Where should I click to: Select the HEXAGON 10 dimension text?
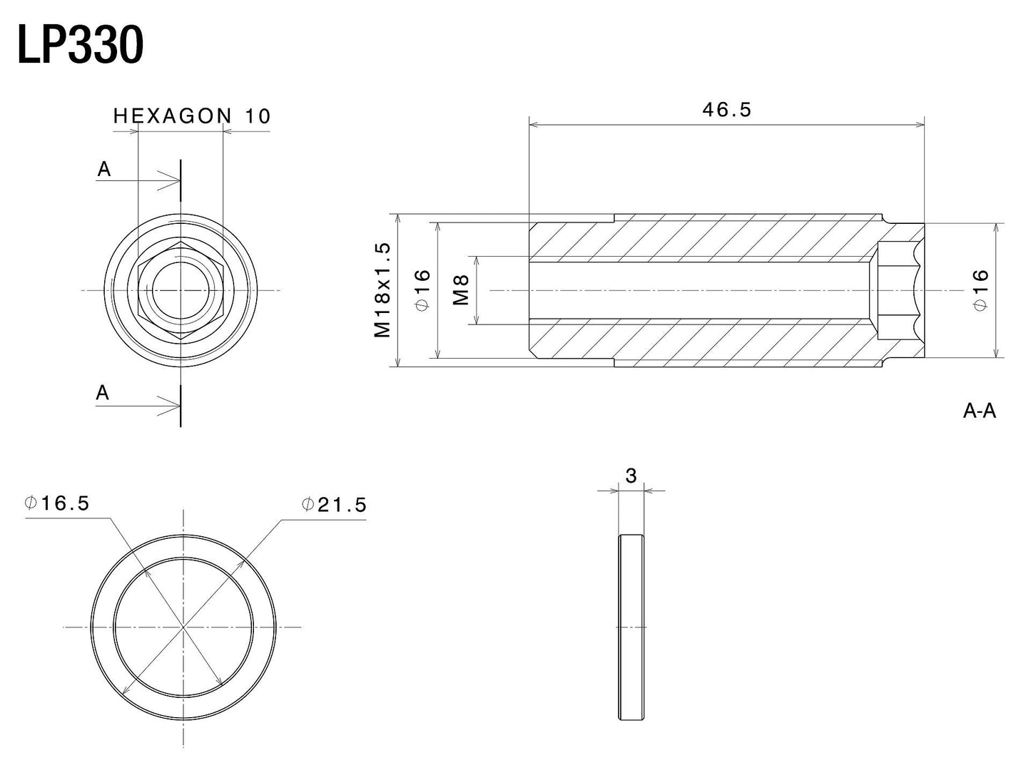click(x=192, y=116)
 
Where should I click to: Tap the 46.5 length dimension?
click(x=726, y=110)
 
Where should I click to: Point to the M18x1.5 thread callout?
click(x=382, y=290)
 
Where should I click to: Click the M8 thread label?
click(x=462, y=290)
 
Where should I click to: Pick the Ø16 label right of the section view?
click(x=980, y=289)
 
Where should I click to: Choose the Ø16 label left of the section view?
click(x=422, y=289)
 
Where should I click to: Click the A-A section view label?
click(x=979, y=411)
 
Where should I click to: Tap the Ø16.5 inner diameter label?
click(x=56, y=503)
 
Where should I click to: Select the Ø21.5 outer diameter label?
click(x=333, y=505)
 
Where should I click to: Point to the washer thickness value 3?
click(x=631, y=476)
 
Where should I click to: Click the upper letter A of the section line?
click(x=104, y=169)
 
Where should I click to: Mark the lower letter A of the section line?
click(x=103, y=393)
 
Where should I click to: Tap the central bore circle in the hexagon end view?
click(x=181, y=289)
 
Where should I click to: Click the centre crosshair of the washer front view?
click(x=183, y=627)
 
